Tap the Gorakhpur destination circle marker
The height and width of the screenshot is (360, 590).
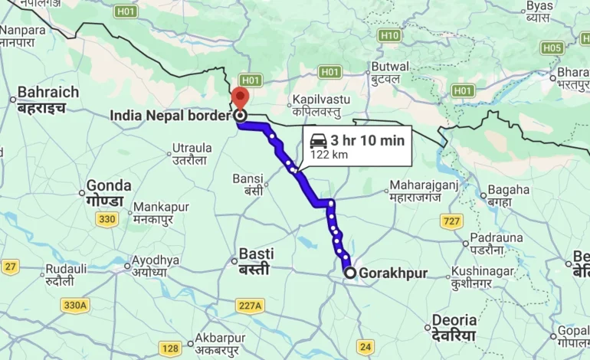pyautogui.click(x=350, y=273)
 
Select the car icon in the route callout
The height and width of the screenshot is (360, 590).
pyautogui.click(x=318, y=141)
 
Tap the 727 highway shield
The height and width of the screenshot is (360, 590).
pyautogui.click(x=451, y=221)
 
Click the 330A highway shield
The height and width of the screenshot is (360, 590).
pyautogui.click(x=75, y=305)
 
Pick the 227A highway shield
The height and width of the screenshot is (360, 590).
pyautogui.click(x=250, y=306)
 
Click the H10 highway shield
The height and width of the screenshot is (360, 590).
pyautogui.click(x=389, y=35)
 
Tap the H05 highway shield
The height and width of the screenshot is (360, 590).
pyautogui.click(x=552, y=47)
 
